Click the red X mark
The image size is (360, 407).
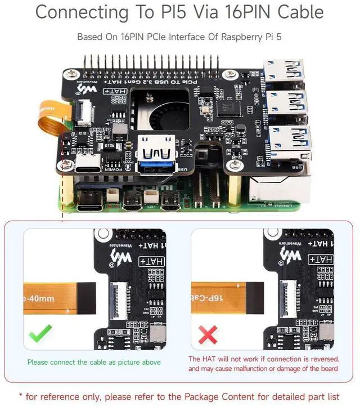[x=208, y=336]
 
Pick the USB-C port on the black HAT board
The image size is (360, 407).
[x=89, y=164]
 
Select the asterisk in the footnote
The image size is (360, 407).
[x=21, y=396]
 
